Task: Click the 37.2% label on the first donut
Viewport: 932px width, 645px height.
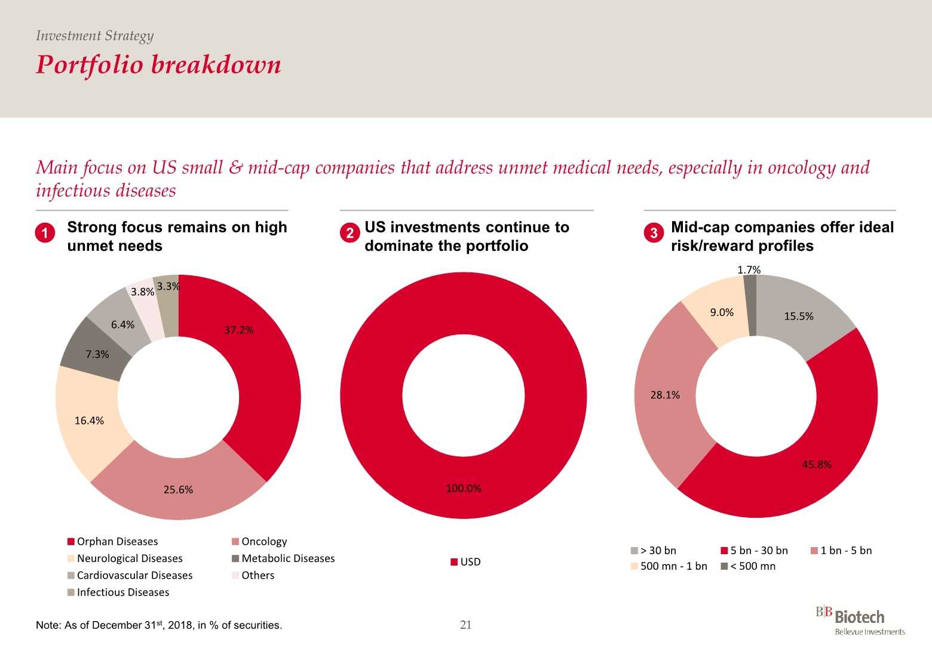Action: pyautogui.click(x=239, y=330)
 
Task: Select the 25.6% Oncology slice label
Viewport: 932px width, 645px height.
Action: pyautogui.click(x=178, y=490)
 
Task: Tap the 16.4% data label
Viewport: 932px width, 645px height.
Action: pyautogui.click(x=89, y=420)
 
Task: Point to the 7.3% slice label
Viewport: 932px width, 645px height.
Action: pyautogui.click(x=97, y=354)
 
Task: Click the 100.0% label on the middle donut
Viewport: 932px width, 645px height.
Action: pyautogui.click(x=464, y=489)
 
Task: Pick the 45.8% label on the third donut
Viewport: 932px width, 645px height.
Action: pyautogui.click(x=817, y=465)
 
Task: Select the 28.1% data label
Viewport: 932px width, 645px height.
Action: pyautogui.click(x=665, y=395)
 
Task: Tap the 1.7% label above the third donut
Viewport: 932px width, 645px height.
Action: pyautogui.click(x=749, y=270)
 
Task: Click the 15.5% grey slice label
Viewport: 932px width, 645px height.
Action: pyautogui.click(x=799, y=317)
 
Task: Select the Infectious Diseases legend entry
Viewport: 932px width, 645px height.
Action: pyautogui.click(x=118, y=592)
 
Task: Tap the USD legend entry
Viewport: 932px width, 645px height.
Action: pyautogui.click(x=465, y=562)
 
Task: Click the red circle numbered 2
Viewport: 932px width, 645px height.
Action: pyautogui.click(x=350, y=233)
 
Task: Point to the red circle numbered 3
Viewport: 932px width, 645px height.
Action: pyautogui.click(x=654, y=233)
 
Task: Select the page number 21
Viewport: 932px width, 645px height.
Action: pyautogui.click(x=466, y=625)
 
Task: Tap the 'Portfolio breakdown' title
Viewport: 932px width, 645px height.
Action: pyautogui.click(x=158, y=64)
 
